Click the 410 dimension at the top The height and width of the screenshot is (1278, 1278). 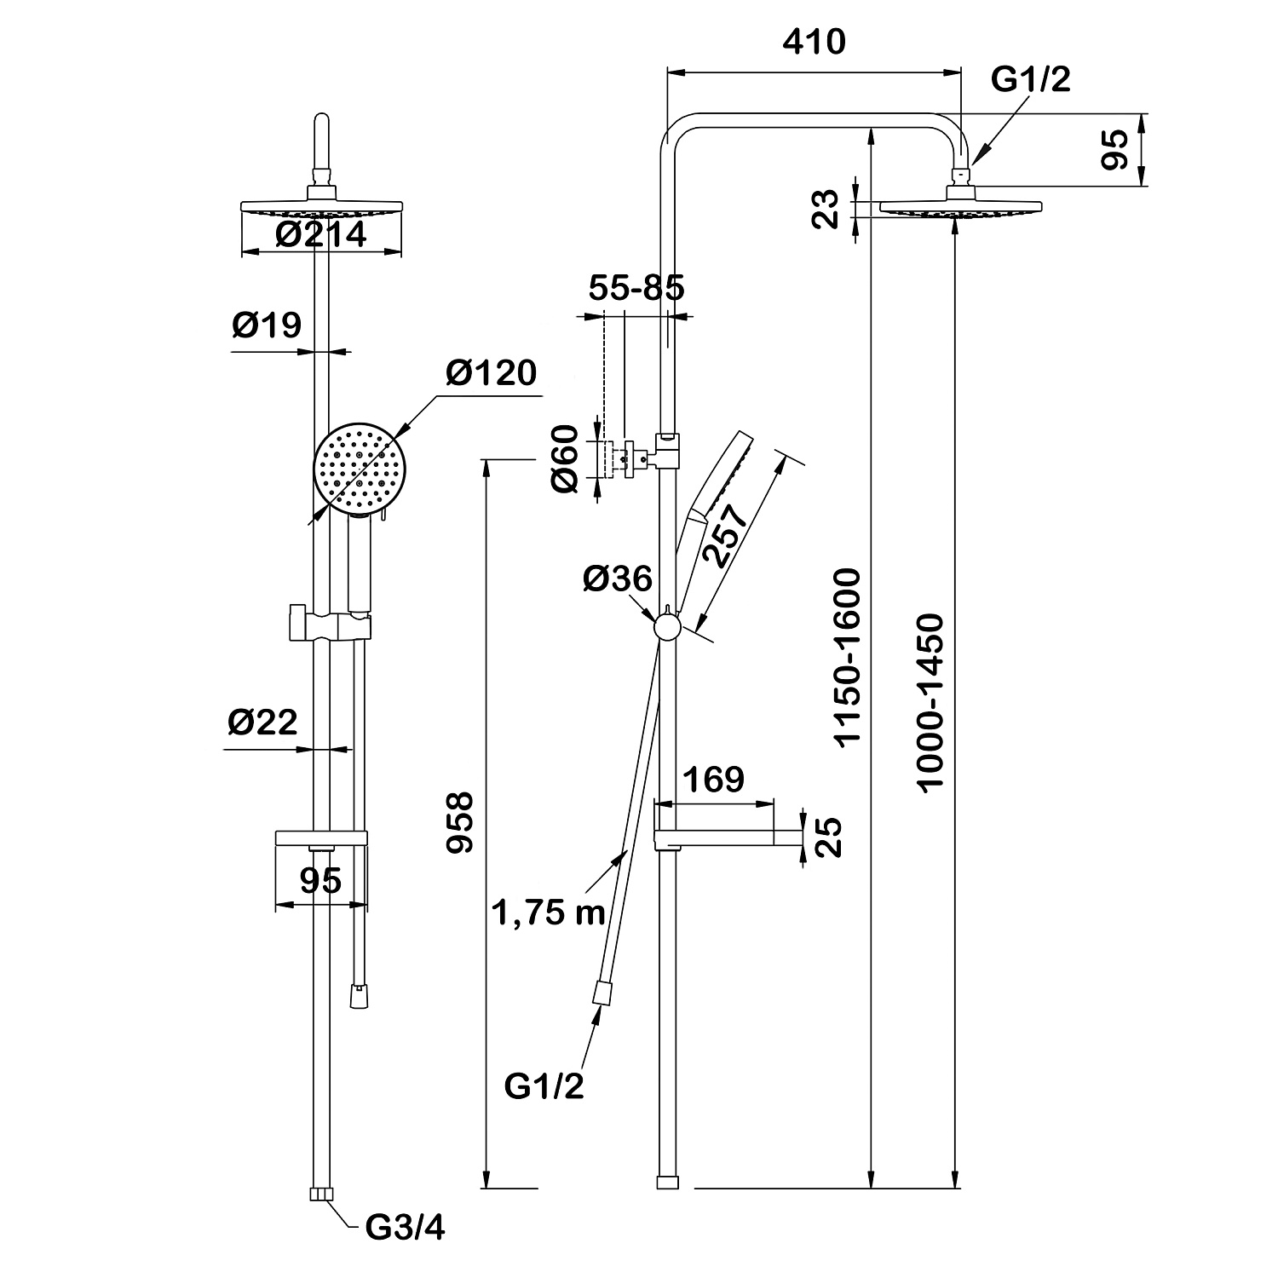pyautogui.click(x=815, y=42)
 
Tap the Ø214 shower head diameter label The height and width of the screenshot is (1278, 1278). pyautogui.click(x=321, y=233)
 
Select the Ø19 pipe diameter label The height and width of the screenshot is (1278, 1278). pyautogui.click(x=266, y=325)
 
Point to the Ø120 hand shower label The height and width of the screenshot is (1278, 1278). pyautogui.click(x=492, y=373)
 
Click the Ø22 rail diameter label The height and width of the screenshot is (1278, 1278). pyautogui.click(x=262, y=722)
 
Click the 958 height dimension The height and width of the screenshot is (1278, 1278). pyautogui.click(x=460, y=822)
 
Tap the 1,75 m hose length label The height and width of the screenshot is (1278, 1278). pyautogui.click(x=548, y=912)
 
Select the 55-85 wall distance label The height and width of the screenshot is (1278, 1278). pyautogui.click(x=636, y=288)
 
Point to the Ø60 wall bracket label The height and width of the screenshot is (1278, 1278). pyautogui.click(x=564, y=458)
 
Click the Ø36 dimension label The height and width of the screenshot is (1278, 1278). pyautogui.click(x=618, y=579)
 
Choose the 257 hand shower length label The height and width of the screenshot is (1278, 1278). pyautogui.click(x=726, y=534)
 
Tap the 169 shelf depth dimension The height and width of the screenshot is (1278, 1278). pyautogui.click(x=714, y=779)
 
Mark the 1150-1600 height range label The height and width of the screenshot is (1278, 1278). pyautogui.click(x=849, y=659)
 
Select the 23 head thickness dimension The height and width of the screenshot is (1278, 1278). pyautogui.click(x=825, y=208)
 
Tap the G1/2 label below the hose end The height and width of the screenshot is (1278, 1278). pyautogui.click(x=544, y=1086)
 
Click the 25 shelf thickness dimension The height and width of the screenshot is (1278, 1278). pyautogui.click(x=828, y=838)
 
